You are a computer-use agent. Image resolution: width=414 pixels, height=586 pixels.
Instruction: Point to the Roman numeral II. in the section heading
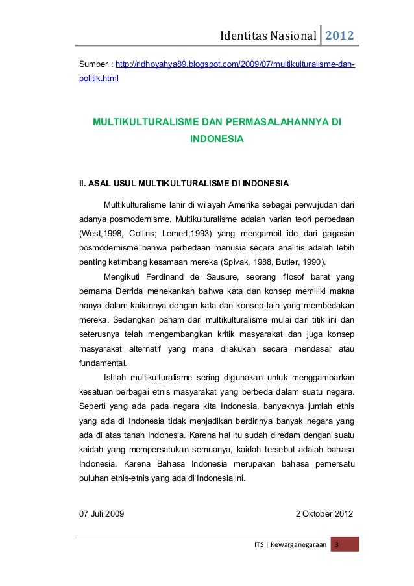click(x=82, y=182)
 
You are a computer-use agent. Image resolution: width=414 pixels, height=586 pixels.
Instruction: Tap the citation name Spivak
click(x=252, y=262)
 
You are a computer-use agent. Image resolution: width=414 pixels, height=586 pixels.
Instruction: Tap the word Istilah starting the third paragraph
click(x=114, y=378)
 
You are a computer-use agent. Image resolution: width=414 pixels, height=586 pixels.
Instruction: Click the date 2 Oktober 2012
click(x=324, y=515)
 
